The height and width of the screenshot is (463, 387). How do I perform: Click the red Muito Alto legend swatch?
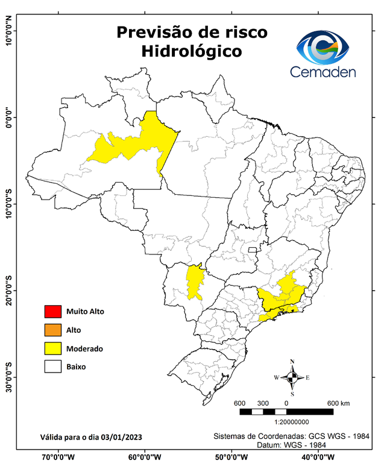(x=52, y=312)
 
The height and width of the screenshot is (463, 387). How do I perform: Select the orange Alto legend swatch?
(x=52, y=330)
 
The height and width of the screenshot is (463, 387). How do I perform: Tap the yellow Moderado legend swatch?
(x=52, y=348)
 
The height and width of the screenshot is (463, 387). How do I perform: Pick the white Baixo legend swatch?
(x=52, y=366)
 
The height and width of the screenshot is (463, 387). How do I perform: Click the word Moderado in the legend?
(x=85, y=348)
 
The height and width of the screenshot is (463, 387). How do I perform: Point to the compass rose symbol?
(x=292, y=377)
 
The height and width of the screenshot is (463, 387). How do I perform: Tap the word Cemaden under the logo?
(x=322, y=72)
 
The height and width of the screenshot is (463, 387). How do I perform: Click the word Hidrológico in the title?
(x=192, y=51)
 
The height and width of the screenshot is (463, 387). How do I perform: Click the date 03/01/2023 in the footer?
(x=122, y=436)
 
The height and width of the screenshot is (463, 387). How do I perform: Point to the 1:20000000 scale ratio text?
(x=292, y=423)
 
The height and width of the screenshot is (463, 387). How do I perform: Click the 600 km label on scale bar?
(x=338, y=403)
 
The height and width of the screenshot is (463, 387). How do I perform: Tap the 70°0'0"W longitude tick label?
(x=58, y=456)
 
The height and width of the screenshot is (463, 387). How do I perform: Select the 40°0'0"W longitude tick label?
(x=314, y=456)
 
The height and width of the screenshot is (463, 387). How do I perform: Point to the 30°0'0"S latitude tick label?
(x=8, y=377)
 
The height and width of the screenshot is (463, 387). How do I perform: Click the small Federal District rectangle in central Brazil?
(x=252, y=248)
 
